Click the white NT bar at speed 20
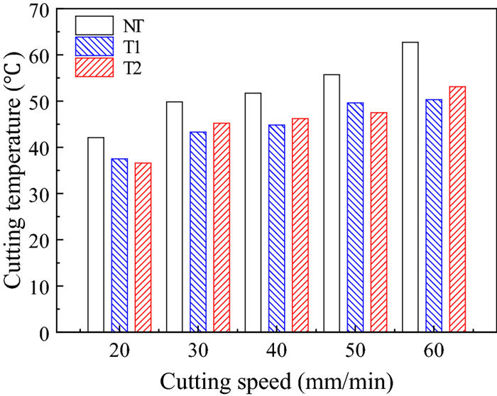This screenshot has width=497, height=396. coord(96,234)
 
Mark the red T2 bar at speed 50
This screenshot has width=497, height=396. coord(379,221)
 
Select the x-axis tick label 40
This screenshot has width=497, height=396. coord(277,351)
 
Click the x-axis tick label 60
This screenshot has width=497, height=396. coord(434,351)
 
